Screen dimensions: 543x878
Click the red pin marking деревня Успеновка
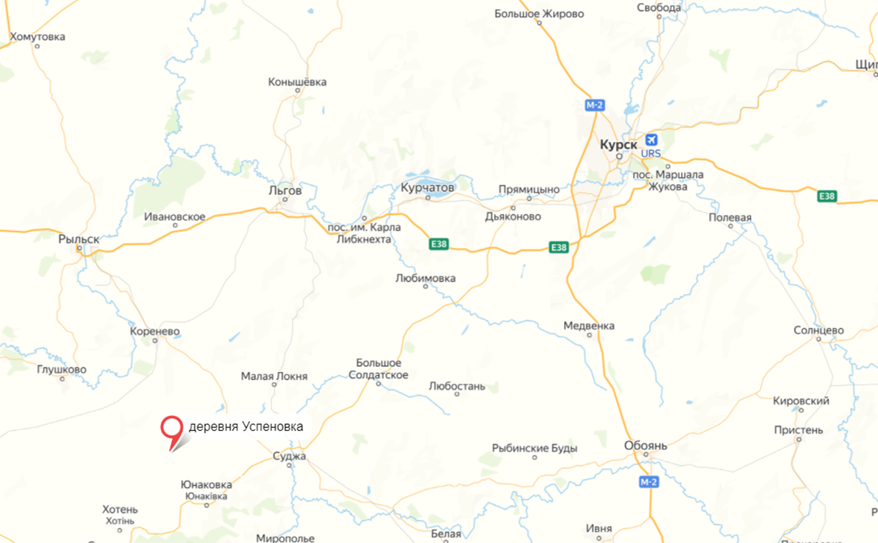point(172,428)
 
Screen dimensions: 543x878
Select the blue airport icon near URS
point(651,140)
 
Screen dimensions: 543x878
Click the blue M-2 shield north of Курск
point(593,106)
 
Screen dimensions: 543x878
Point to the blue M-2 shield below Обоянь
point(649,483)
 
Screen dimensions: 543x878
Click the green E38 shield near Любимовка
point(440,243)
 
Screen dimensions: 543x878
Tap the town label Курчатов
point(427,188)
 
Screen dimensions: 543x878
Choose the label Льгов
point(285,190)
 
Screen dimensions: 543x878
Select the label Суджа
point(289,456)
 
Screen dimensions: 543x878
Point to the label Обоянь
point(646,446)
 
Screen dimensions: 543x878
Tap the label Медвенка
point(589,326)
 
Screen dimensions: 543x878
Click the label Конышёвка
point(298,82)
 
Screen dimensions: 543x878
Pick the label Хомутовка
point(37,36)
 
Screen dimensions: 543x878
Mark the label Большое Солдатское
point(379,369)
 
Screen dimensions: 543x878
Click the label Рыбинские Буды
point(534,449)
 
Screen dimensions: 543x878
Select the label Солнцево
point(818,330)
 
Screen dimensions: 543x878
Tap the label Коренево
point(155,332)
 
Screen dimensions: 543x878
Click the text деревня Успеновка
point(246,426)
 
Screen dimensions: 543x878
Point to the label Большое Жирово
point(539,13)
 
